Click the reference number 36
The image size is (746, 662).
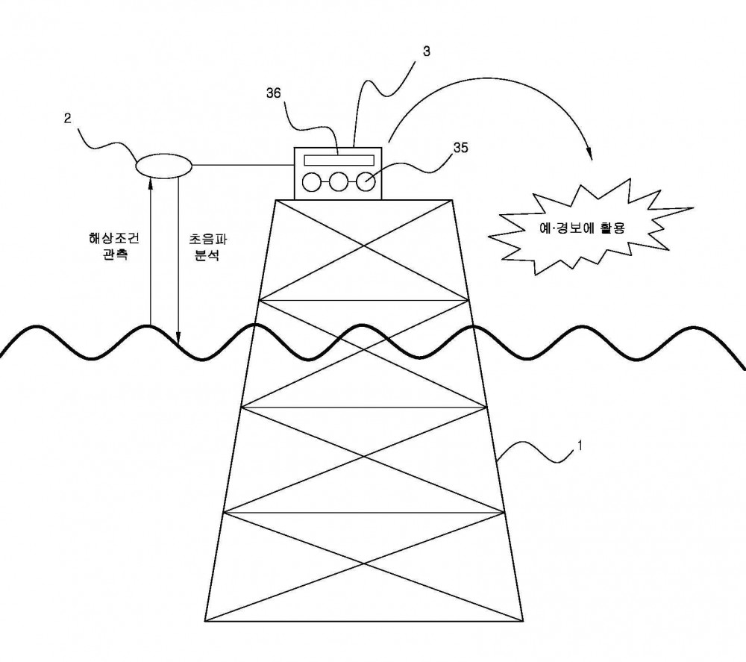click(274, 93)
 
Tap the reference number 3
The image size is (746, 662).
click(426, 51)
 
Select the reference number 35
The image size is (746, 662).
click(460, 148)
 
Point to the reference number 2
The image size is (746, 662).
click(68, 118)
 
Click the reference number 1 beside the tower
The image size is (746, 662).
click(580, 446)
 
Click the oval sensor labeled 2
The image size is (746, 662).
click(164, 166)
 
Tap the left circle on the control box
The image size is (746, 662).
click(312, 182)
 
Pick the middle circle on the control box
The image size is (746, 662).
click(338, 182)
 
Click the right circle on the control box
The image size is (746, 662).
click(366, 182)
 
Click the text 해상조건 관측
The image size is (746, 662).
click(115, 246)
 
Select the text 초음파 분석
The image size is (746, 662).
click(208, 247)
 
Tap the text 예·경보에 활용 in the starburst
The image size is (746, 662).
click(582, 228)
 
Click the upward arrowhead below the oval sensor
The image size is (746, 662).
click(151, 182)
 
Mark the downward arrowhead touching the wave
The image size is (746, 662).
click(178, 340)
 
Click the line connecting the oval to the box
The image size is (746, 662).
click(243, 166)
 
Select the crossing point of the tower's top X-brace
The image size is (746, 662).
click(365, 246)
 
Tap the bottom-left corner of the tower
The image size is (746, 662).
click(206, 621)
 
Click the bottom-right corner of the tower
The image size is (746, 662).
click(523, 621)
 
